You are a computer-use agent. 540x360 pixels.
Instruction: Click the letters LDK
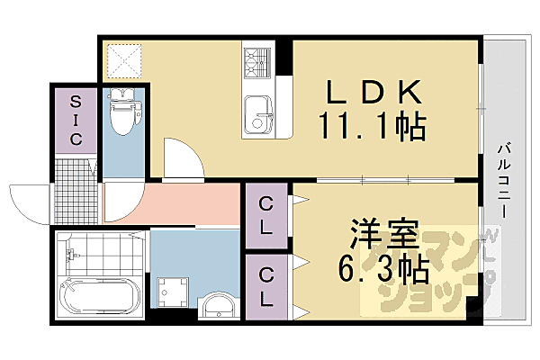pos(373,93)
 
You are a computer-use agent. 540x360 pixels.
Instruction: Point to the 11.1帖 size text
pos(371,126)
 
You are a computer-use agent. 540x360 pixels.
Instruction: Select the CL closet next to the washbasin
pos(267,287)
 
